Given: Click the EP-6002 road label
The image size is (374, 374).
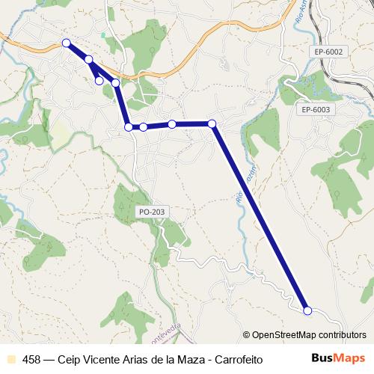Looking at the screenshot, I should [x=328, y=52].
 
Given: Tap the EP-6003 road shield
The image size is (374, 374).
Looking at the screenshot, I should [x=316, y=109].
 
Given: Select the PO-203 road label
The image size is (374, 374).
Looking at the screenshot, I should [x=151, y=212].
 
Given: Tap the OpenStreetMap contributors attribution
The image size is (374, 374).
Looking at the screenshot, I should [x=308, y=336].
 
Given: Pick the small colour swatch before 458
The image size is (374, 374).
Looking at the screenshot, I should [x=10, y=359].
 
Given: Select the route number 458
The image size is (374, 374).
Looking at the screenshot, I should [x=32, y=359].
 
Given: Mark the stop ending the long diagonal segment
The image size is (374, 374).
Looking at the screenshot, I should [x=307, y=310].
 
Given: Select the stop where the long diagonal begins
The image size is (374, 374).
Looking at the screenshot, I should [x=212, y=123].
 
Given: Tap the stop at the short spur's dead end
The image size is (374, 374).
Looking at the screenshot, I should [x=99, y=80].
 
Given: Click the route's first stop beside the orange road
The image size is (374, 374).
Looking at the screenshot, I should [x=66, y=43].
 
